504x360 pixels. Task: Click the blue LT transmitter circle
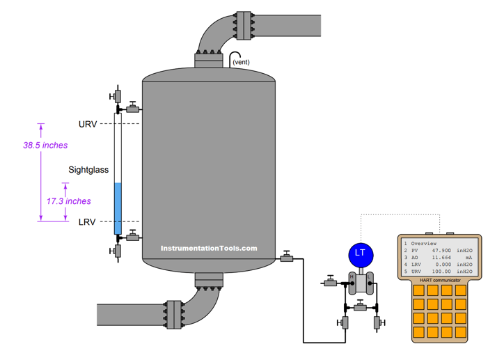pyautogui.click(x=361, y=255)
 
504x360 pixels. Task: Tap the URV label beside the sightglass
pyautogui.click(x=88, y=125)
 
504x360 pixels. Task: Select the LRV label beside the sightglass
pyautogui.click(x=87, y=222)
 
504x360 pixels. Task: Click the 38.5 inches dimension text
pyautogui.click(x=45, y=146)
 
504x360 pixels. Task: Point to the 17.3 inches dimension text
pyautogui.click(x=69, y=201)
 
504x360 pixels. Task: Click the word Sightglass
pyautogui.click(x=88, y=170)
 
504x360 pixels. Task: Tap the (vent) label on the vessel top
pyautogui.click(x=241, y=62)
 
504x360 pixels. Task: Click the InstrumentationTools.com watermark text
pyautogui.click(x=209, y=248)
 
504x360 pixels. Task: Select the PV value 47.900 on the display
pyautogui.click(x=441, y=251)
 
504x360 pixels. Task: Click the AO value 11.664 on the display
pyautogui.click(x=441, y=258)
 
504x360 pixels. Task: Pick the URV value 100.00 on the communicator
pyautogui.click(x=441, y=272)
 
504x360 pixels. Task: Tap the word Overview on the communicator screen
pyautogui.click(x=424, y=243)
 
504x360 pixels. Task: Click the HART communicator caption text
pyautogui.click(x=440, y=281)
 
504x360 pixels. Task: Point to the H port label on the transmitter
pyautogui.click(x=352, y=276)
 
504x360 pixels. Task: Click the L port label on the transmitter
pyautogui.click(x=369, y=276)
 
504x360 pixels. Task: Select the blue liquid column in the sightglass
pyautogui.click(x=118, y=208)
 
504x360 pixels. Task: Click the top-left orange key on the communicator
pyautogui.click(x=418, y=290)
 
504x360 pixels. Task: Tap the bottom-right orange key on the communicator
pyautogui.click(x=461, y=332)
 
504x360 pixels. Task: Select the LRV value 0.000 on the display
pyautogui.click(x=443, y=265)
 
